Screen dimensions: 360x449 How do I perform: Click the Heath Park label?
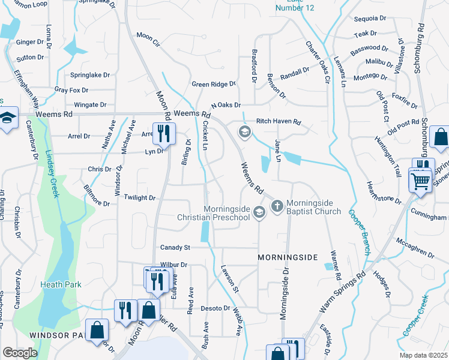[x=60, y=284]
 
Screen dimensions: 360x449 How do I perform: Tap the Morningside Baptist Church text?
[x=313, y=207]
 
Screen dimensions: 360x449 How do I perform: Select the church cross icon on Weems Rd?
[x=277, y=206]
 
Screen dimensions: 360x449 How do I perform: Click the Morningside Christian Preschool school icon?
[x=259, y=212]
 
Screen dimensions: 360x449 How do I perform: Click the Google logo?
[x=20, y=353]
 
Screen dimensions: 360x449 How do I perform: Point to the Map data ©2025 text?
[x=423, y=355]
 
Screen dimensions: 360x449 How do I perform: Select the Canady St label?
[x=175, y=247]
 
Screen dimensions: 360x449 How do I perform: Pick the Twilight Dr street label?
[x=140, y=197]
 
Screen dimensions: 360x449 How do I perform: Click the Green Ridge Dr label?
[x=214, y=85]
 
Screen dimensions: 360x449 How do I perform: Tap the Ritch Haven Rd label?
[x=279, y=121]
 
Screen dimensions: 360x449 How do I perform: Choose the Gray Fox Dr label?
[x=71, y=90]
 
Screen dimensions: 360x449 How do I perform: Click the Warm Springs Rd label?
[x=343, y=293]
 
